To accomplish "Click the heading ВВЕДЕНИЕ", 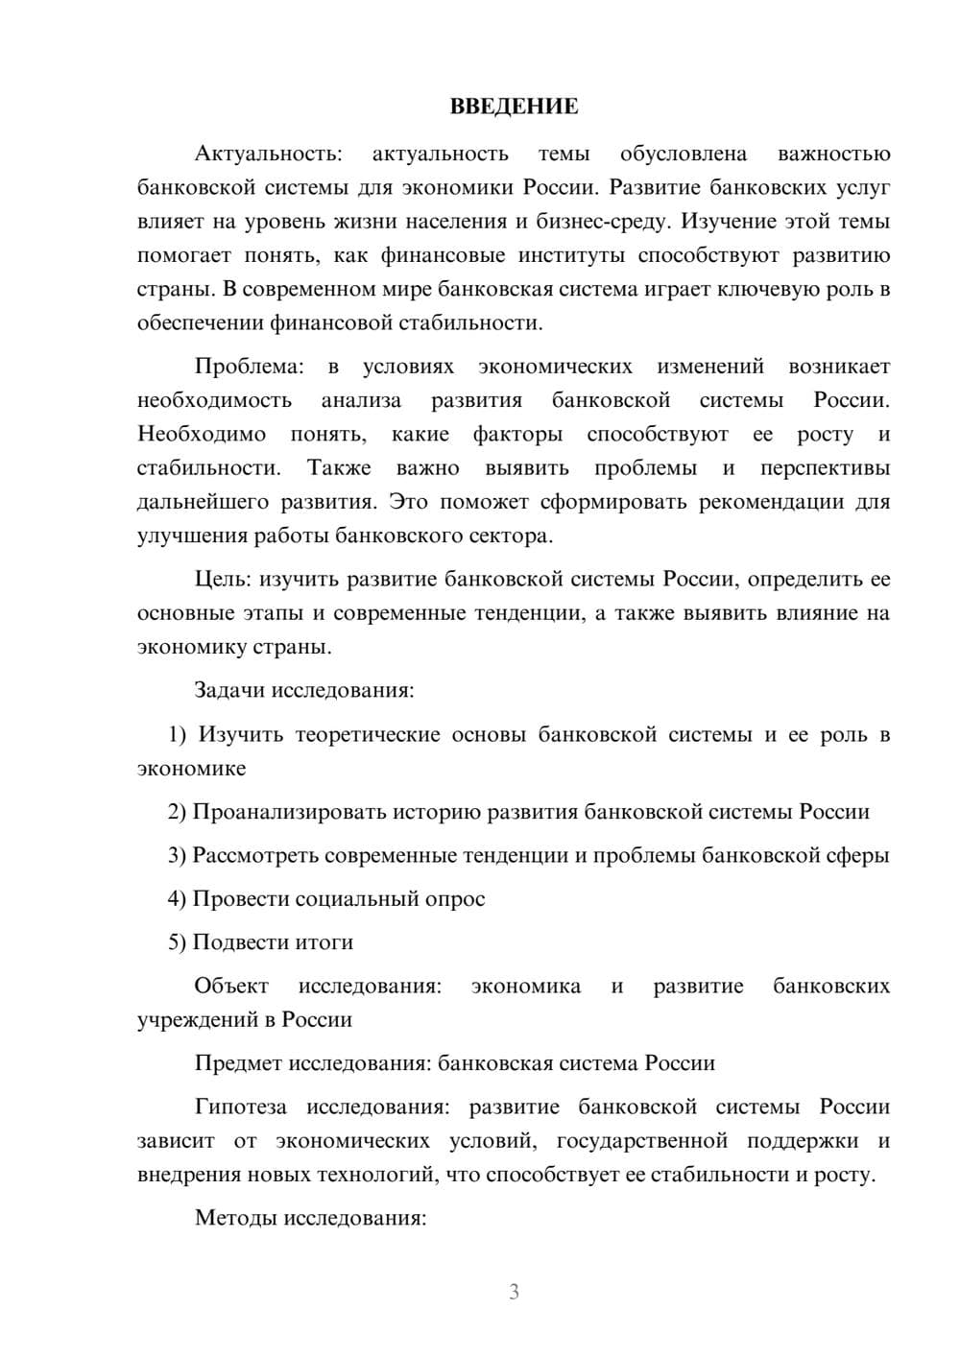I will coord(514,107).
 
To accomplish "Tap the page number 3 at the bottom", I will coord(514,1292).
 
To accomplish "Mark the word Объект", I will coord(231,987).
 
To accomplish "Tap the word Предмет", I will coord(238,1063).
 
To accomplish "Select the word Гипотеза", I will coord(240,1107).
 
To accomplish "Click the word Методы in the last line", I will coord(236,1219).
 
